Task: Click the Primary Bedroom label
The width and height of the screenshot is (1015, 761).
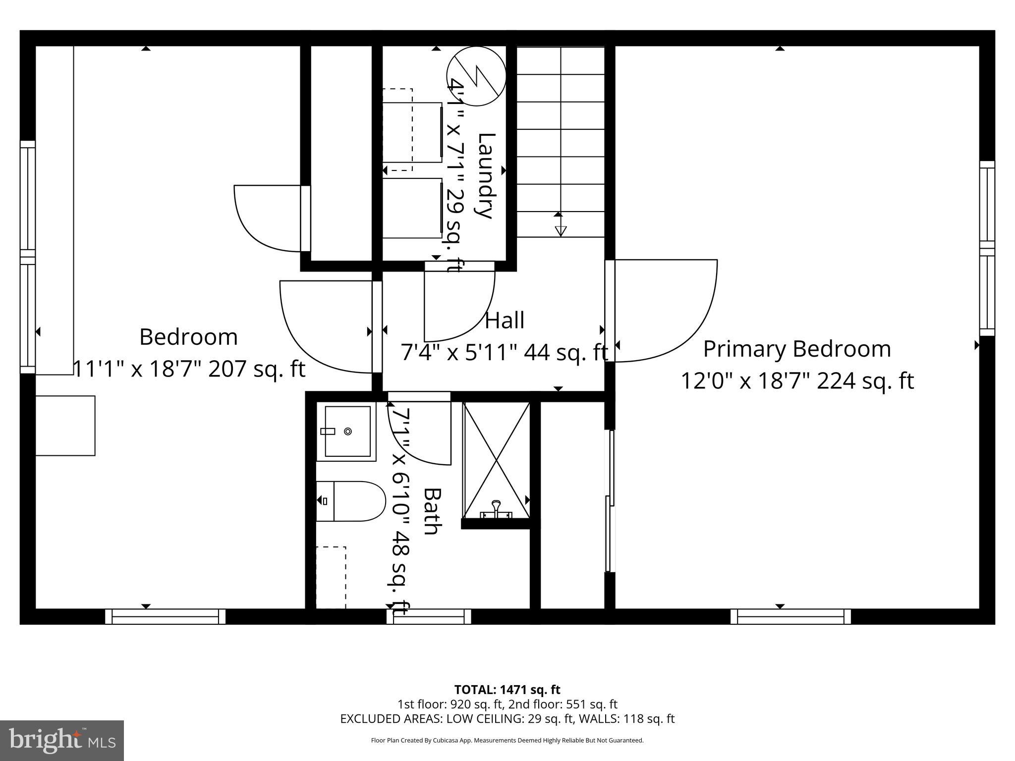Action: coord(797,349)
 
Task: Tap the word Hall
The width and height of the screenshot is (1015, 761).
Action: coord(505,321)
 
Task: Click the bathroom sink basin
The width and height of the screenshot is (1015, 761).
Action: coord(347,432)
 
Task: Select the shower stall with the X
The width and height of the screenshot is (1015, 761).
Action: coord(496,458)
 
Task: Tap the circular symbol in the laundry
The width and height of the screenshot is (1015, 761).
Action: coord(476,76)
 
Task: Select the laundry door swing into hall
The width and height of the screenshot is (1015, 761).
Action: coord(458,302)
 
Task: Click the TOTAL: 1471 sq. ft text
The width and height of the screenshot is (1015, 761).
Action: coord(507,690)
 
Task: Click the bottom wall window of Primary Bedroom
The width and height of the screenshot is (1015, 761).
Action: coord(790,616)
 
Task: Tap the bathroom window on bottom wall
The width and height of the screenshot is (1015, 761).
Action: coord(429,616)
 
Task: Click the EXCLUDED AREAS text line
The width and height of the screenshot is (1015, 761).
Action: coord(507,718)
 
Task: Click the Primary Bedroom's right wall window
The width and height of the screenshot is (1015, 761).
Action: coord(987,249)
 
